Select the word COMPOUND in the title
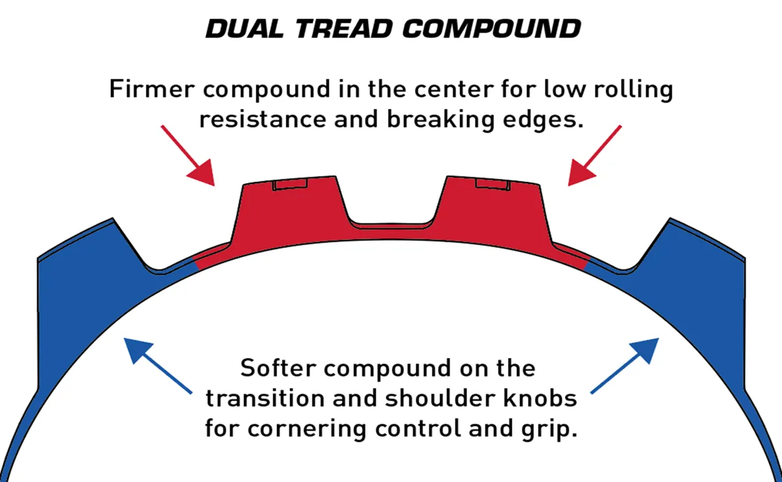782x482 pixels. [491, 29]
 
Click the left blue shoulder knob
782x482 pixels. [85, 274]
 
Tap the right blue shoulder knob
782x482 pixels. [697, 274]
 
